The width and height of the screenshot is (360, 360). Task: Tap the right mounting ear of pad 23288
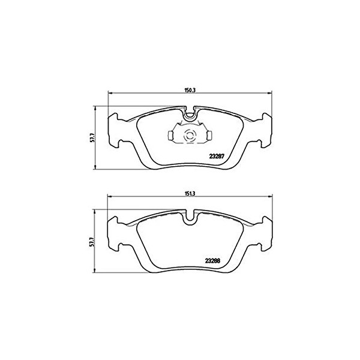pos(265,235)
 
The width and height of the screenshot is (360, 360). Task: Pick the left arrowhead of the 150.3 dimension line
pos(109,94)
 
